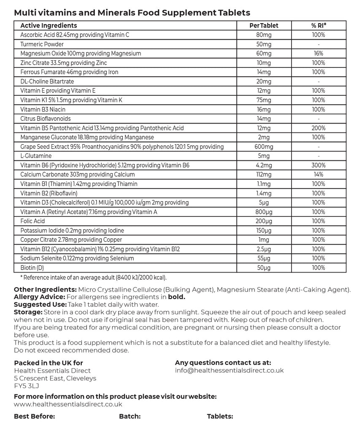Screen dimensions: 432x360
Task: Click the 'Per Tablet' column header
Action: [264, 26]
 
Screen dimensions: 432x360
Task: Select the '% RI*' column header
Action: [319, 26]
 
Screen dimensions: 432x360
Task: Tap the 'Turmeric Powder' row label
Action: [42, 44]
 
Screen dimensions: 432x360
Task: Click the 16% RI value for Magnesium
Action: [319, 54]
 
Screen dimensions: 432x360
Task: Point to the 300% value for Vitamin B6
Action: [319, 165]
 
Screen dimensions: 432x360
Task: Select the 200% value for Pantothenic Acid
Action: [319, 128]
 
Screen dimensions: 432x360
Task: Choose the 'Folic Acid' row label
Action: [32, 221]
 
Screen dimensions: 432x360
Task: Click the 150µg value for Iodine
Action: [264, 230]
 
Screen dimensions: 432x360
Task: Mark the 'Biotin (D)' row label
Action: [32, 267]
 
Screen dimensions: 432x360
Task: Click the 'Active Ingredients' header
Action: [49, 26]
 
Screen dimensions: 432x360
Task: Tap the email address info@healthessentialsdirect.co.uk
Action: [229, 370]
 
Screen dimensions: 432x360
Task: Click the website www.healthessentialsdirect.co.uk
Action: [68, 404]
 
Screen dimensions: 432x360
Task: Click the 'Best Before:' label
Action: [35, 416]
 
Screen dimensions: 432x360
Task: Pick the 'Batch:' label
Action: [130, 416]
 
